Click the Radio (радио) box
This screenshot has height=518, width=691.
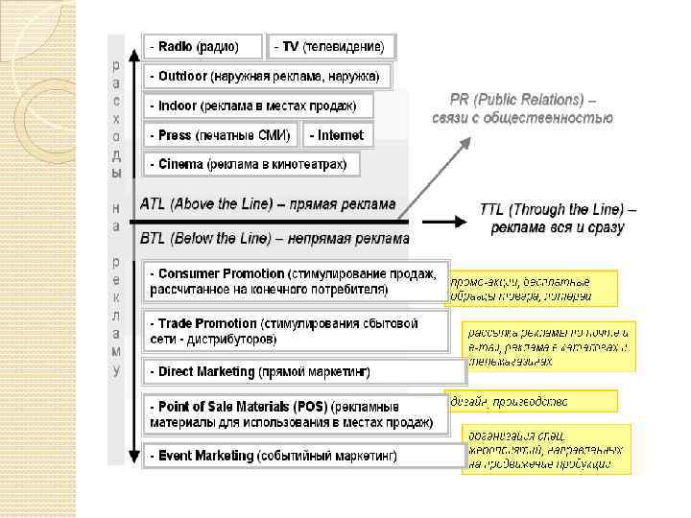(203, 46)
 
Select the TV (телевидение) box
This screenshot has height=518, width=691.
(331, 46)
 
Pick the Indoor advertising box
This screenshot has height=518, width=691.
(256, 106)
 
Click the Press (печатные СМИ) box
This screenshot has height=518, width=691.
(221, 135)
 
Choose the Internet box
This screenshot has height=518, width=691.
(338, 135)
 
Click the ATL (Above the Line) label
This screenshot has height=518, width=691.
(268, 203)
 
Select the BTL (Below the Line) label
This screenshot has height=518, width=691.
(274, 238)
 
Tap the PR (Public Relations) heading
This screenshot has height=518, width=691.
(523, 108)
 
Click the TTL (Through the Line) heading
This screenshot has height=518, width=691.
(557, 219)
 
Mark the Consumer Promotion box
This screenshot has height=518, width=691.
(295, 281)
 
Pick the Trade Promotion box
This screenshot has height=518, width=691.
(295, 331)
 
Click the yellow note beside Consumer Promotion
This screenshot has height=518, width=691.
(533, 287)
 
